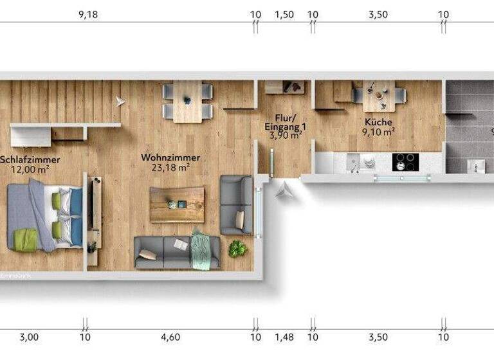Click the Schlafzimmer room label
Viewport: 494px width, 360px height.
30,159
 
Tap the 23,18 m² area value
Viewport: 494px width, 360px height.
170,168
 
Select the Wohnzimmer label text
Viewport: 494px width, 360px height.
170,157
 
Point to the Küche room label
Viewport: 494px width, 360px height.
378,122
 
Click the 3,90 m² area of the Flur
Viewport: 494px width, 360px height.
286,136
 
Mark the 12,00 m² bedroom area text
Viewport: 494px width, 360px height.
30,169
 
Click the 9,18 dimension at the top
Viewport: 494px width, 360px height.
88,15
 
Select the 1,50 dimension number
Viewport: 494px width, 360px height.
284,15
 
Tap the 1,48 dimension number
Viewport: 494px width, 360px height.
284,336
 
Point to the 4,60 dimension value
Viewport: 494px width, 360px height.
170,336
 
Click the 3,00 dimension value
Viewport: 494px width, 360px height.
29,336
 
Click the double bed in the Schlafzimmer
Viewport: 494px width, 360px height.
44,215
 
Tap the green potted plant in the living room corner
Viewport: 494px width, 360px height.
237,248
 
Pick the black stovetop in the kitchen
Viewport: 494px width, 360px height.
405,162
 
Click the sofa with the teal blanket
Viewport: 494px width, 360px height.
177,251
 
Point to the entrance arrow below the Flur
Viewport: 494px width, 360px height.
282,189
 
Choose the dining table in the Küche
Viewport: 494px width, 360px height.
380,96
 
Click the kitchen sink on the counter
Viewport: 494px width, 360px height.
353,163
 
